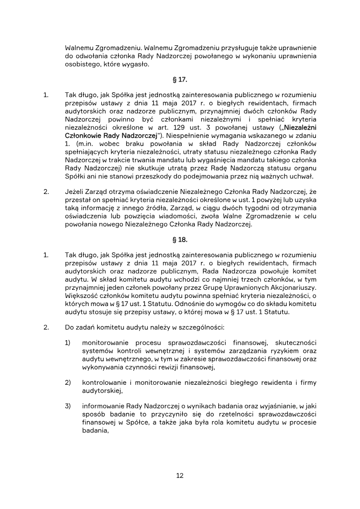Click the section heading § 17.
coord(180,80)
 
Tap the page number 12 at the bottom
coord(180,476)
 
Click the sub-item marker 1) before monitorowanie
coord(68,343)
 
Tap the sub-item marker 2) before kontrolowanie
coord(68,383)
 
